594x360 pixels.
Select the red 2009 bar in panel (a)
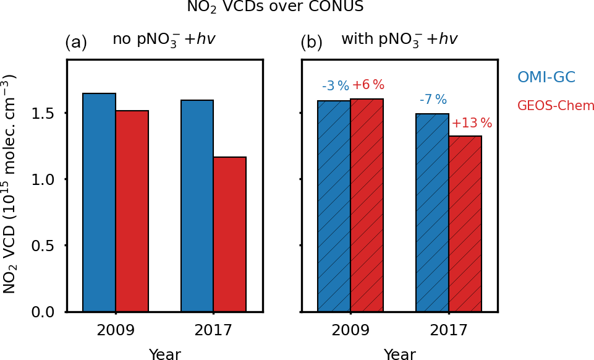point(132,211)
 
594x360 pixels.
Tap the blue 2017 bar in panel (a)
point(197,205)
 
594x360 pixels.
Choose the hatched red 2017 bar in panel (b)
point(465,223)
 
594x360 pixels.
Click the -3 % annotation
point(336,87)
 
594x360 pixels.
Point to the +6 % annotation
point(368,85)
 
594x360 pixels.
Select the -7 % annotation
point(433,100)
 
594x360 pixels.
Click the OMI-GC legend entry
point(546,77)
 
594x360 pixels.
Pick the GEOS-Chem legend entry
point(556,106)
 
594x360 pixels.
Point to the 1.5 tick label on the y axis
point(45,114)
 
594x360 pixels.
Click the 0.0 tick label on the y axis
point(45,312)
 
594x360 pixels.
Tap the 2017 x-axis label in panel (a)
point(213,331)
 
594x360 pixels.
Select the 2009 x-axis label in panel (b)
point(350,331)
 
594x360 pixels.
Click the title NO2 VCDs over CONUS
point(275,7)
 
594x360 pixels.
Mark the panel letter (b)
point(312,43)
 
